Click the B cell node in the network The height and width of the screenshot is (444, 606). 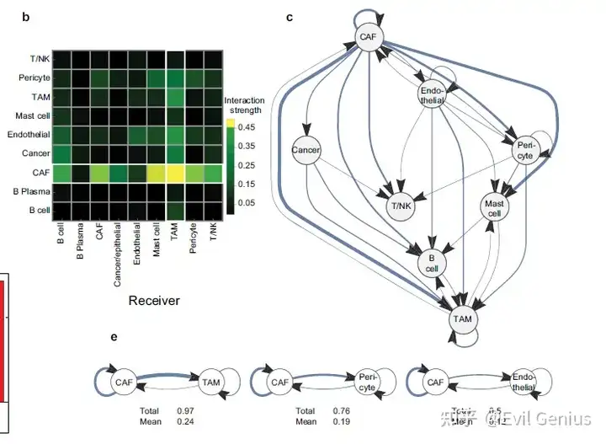point(432,264)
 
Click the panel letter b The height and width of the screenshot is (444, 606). point(26,17)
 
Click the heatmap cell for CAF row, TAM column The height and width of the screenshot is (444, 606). point(175,174)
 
